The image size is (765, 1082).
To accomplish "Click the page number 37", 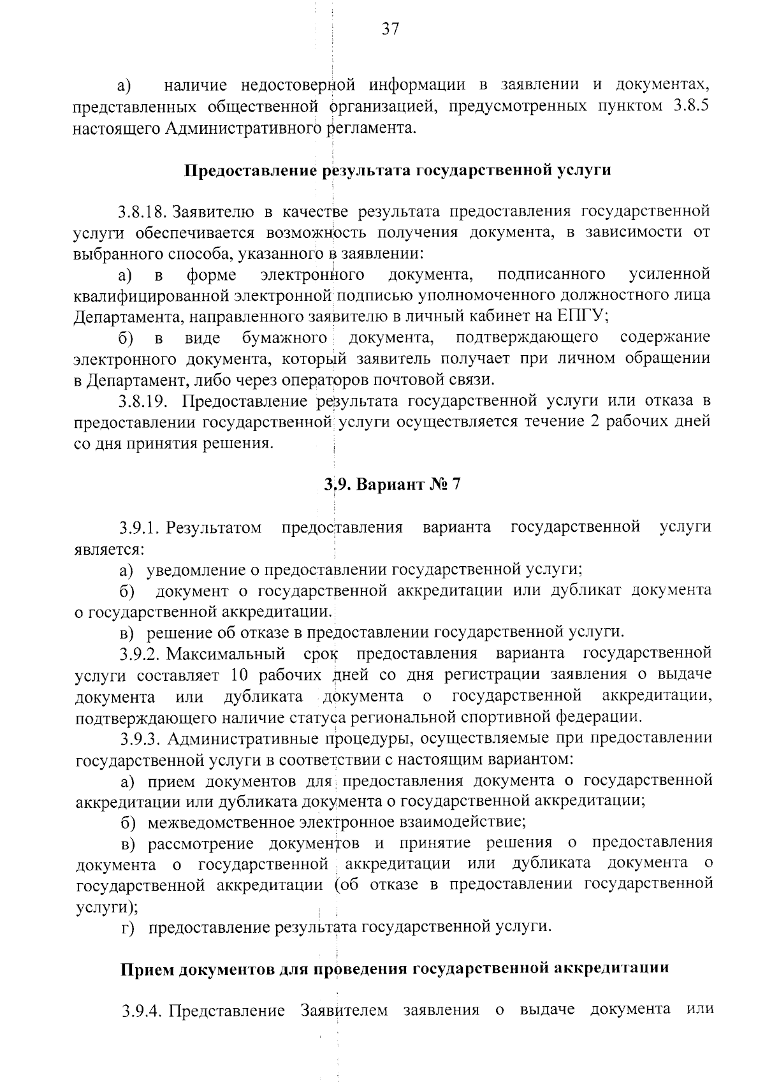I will (390, 28).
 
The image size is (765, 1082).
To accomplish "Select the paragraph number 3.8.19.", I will (142, 401).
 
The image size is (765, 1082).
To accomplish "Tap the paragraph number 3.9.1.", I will (137, 528).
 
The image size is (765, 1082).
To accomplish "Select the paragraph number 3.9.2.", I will (138, 654).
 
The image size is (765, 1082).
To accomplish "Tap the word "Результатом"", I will (215, 528).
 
